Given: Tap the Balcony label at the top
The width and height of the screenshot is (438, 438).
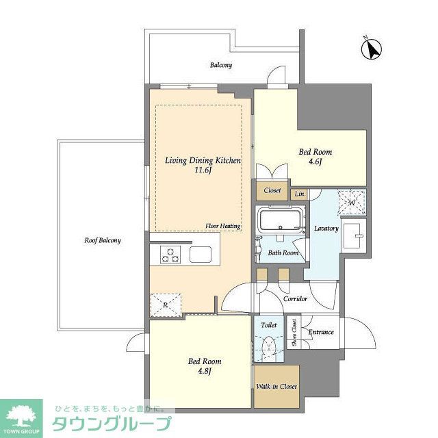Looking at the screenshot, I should click(220, 66).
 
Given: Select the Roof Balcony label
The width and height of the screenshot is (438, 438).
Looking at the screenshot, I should click(103, 240).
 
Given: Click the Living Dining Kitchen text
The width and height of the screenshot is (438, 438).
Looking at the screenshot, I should click(203, 160).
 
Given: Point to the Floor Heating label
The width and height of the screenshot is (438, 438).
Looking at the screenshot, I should click(222, 225).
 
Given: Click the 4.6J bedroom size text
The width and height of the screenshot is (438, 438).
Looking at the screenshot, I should click(315, 162).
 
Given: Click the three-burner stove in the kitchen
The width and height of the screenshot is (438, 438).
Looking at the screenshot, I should click(170, 255).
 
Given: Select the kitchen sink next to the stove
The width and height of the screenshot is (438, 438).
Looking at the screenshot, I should click(203, 255).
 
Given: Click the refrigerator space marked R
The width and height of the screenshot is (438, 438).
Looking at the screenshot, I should click(165, 304).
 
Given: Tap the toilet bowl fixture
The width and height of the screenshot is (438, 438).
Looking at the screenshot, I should click(268, 345).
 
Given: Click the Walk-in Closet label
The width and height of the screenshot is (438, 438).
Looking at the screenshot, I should click(276, 387).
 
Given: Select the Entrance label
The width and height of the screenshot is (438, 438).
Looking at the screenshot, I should click(320, 333).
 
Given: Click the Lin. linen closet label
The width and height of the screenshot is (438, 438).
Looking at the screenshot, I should click(299, 194).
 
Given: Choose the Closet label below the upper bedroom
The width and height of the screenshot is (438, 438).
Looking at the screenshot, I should click(272, 192).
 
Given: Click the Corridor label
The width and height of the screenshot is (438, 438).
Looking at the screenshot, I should click(294, 299).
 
